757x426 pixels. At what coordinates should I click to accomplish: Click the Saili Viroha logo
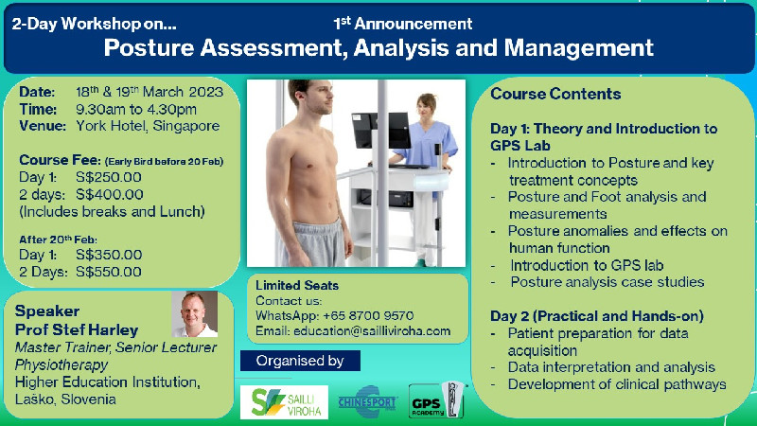[x=285, y=402]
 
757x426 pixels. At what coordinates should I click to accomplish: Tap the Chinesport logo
[x=368, y=401]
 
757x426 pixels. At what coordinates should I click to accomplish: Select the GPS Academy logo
[x=436, y=400]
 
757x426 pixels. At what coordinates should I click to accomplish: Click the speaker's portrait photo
[x=195, y=314]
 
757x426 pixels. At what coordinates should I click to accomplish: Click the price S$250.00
[x=109, y=177]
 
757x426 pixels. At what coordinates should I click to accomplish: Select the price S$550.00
[x=109, y=272]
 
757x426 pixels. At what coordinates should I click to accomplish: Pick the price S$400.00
[x=110, y=195]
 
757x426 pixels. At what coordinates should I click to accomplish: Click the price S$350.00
[x=109, y=255]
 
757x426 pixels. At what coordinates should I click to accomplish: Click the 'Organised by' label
[x=300, y=361]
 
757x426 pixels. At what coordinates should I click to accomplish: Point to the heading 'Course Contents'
[x=555, y=94]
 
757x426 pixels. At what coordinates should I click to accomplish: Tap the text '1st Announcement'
[x=403, y=23]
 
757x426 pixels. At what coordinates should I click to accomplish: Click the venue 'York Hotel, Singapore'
[x=148, y=126]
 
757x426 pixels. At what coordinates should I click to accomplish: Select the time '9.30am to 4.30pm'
[x=136, y=110]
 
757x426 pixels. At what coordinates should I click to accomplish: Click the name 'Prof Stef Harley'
[x=77, y=329]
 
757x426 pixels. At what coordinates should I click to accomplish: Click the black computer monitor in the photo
[x=381, y=131]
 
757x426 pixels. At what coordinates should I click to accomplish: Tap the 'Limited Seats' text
[x=297, y=286]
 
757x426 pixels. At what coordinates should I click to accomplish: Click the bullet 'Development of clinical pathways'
[x=617, y=384]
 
